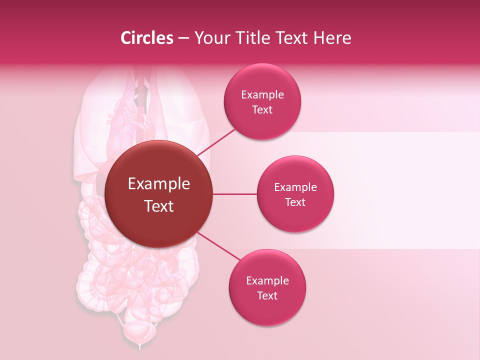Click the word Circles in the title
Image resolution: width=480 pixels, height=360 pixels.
147,38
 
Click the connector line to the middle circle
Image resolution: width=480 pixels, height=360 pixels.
235,194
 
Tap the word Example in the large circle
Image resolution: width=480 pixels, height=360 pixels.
159,184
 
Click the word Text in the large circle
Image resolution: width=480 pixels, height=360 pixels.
159,206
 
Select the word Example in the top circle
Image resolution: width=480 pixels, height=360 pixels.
262,95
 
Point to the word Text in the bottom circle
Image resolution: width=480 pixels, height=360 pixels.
267,295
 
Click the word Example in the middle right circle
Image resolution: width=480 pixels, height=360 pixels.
295,187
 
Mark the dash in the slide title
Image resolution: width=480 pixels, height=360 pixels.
183,38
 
